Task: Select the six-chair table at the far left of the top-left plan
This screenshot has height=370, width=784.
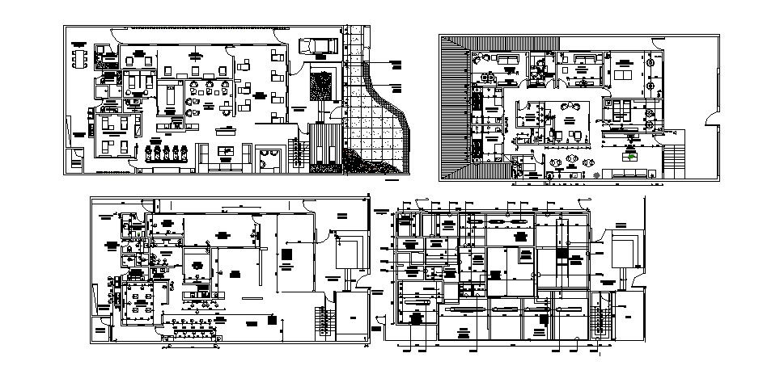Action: (78, 58)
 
